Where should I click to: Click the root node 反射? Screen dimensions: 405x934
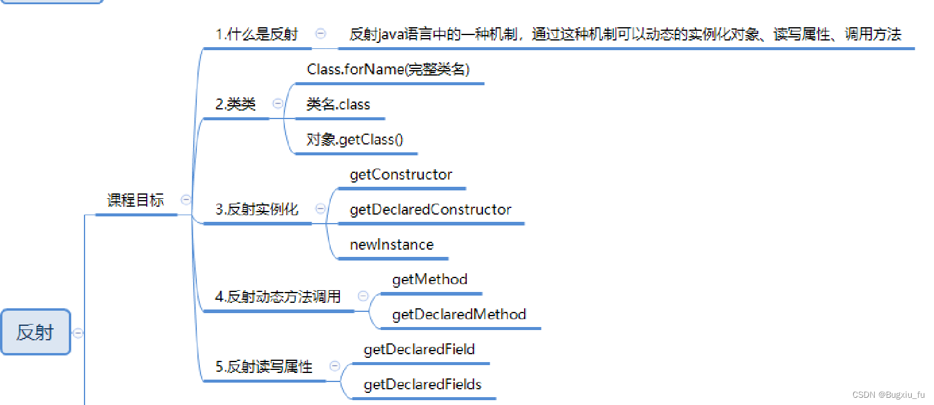[36, 332]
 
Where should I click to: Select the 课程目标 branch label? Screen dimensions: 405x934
[135, 200]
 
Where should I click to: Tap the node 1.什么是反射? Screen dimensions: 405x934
[257, 34]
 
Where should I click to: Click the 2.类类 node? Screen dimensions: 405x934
[235, 105]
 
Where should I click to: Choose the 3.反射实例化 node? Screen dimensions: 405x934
[257, 210]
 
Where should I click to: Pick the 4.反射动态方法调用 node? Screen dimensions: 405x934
[278, 297]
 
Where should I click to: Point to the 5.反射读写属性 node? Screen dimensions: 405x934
[264, 366]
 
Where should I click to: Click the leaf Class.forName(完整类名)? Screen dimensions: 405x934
[388, 70]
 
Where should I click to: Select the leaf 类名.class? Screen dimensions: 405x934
[338, 105]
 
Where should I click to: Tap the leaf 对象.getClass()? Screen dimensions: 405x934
[354, 140]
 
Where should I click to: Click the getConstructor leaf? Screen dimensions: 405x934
[401, 175]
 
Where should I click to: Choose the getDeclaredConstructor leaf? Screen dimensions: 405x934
[430, 210]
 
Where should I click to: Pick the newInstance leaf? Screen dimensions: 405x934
[392, 245]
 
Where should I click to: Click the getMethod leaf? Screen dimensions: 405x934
[430, 279]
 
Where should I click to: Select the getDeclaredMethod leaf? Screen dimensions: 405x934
[459, 314]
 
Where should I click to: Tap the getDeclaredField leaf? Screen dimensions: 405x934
[419, 349]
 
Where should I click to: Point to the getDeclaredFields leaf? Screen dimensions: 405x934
[423, 384]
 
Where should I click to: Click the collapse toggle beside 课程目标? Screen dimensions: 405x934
[187, 199]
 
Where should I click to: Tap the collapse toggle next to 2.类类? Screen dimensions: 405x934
[278, 104]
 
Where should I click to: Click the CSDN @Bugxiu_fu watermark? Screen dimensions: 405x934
[888, 395]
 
